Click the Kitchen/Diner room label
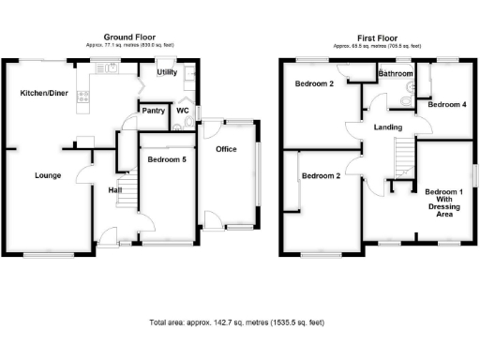[x=43, y=95]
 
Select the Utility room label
[x=167, y=72]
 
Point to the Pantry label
[x=153, y=111]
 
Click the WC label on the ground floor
[x=183, y=111]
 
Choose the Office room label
[x=226, y=149]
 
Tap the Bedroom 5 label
[x=167, y=159]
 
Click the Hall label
[x=115, y=190]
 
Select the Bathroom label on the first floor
[x=396, y=73]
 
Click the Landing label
[x=388, y=127]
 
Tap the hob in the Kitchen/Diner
[x=82, y=95]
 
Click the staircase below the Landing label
[x=404, y=156]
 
